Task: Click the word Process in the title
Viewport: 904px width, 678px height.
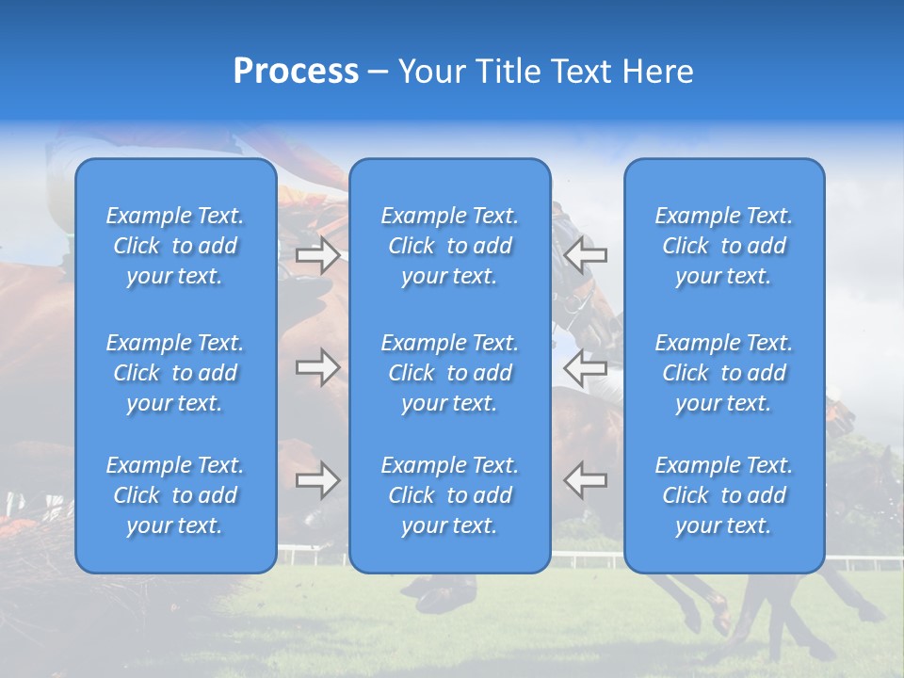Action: click(x=296, y=72)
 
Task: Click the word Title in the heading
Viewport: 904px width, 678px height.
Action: click(x=507, y=72)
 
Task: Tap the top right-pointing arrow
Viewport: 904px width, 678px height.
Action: click(x=318, y=255)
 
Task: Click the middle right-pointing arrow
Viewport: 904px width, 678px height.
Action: click(x=318, y=367)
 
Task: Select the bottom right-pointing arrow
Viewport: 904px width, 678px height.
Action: click(x=318, y=480)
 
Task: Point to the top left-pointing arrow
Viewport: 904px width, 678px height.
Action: click(x=586, y=255)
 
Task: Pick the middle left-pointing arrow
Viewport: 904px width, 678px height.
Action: click(x=586, y=367)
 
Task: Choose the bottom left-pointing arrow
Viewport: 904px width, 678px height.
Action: click(x=586, y=480)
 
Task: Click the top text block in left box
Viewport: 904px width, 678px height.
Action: click(x=175, y=246)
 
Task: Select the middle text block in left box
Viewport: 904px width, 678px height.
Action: click(x=175, y=373)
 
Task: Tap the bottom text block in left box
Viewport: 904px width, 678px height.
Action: click(x=175, y=495)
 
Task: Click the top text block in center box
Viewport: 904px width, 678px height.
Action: click(x=450, y=246)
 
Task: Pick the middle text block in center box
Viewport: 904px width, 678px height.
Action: click(x=450, y=373)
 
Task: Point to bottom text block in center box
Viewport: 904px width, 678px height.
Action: click(x=450, y=495)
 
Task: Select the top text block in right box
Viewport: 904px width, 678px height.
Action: click(x=724, y=246)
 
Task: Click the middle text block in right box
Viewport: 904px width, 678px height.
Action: click(x=724, y=373)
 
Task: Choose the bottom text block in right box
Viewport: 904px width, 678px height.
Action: click(x=724, y=495)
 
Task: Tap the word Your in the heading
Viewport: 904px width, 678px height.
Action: click(x=431, y=72)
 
